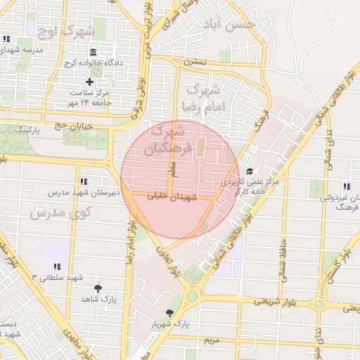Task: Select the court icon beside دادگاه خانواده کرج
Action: pyautogui.click(x=94, y=53)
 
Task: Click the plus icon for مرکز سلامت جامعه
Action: pyautogui.click(x=89, y=82)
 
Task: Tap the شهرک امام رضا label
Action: pyautogui.click(x=202, y=98)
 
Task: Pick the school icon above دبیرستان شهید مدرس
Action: pyautogui.click(x=84, y=181)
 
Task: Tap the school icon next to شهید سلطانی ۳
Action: pyautogui.click(x=57, y=266)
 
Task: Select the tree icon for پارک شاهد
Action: pyautogui.click(x=98, y=288)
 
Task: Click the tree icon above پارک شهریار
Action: pyautogui.click(x=169, y=313)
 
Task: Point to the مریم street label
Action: pyautogui.click(x=212, y=340)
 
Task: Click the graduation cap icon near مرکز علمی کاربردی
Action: pyautogui.click(x=249, y=171)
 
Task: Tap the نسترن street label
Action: pyautogui.click(x=195, y=62)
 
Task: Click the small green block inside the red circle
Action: pyautogui.click(x=200, y=148)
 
